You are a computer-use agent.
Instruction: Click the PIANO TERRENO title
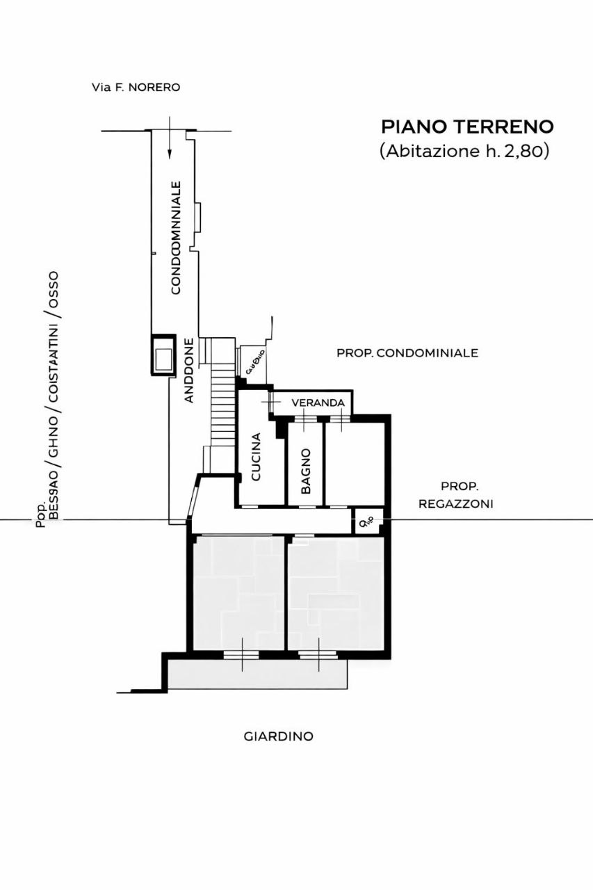tap(467, 127)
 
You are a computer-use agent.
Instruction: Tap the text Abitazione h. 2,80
tap(465, 151)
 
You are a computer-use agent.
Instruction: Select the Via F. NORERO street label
tap(136, 88)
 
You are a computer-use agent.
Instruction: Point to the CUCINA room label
tap(256, 457)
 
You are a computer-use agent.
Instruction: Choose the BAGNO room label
tap(306, 471)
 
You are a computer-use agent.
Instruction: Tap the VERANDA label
tap(318, 403)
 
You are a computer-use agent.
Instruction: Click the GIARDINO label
tap(278, 736)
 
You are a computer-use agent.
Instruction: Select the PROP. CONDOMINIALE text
tap(407, 353)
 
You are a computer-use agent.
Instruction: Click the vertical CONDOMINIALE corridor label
tap(176, 238)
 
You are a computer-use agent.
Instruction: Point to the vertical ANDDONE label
tap(189, 371)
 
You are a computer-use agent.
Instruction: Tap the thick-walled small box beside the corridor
tap(164, 355)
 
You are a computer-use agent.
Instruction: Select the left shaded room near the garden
tap(238, 592)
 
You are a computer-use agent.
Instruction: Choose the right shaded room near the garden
tap(335, 592)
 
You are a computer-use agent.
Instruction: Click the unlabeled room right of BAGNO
tap(354, 462)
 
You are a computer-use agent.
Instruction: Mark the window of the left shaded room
tap(241, 654)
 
